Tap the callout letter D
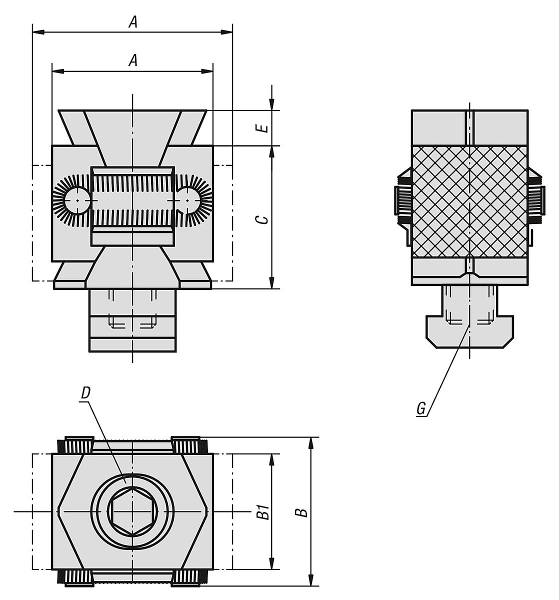[85, 392]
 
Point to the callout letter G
[421, 408]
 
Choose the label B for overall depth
[302, 512]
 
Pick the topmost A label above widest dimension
[132, 22]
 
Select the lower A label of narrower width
[132, 60]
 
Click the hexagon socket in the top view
[132, 511]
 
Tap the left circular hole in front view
[77, 200]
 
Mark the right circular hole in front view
[187, 200]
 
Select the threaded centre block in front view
[132, 206]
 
